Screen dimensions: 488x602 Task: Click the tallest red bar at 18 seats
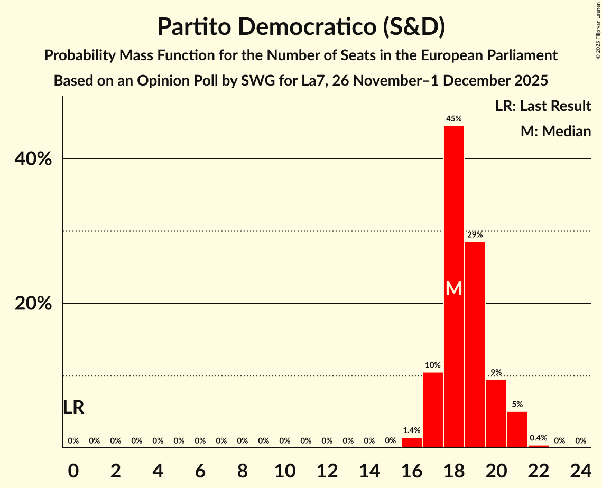[x=453, y=211]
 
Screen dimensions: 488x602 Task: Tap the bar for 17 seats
[x=432, y=410]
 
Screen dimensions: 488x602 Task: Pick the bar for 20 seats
[x=496, y=413]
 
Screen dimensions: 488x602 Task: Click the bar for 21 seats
[x=517, y=429]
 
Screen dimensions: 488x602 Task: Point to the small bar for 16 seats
[x=411, y=443]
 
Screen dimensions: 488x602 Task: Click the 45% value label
[x=453, y=119]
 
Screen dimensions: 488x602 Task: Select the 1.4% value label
[x=411, y=430]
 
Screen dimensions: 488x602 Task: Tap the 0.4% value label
[x=538, y=438]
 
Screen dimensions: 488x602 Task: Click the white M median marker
[x=453, y=288]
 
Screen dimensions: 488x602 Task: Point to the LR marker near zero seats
[x=73, y=408]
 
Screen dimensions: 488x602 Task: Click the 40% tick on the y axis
[x=36, y=159]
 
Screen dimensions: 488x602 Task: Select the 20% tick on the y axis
[x=36, y=304]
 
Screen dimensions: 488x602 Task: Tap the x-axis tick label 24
[x=580, y=469]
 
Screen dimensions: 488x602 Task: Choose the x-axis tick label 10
[x=284, y=469]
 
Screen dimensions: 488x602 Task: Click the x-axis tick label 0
[x=73, y=469]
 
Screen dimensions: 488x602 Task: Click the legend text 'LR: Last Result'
[x=543, y=106]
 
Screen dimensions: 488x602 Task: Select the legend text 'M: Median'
[x=555, y=132]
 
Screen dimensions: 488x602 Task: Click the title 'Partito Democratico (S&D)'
[x=301, y=27]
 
